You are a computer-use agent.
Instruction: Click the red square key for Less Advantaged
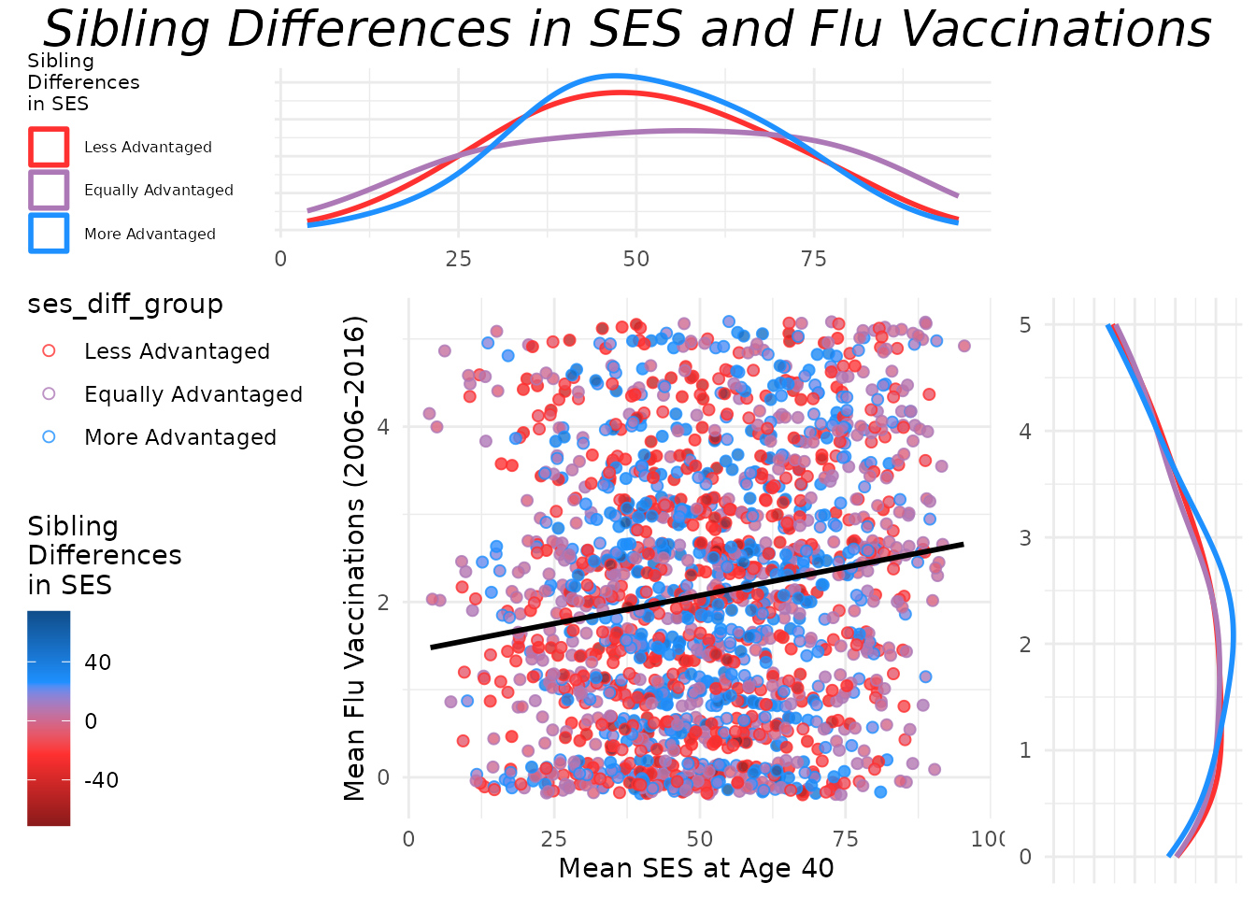(49, 147)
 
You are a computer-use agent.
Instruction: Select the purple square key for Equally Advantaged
(49, 190)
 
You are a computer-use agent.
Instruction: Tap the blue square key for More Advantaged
(49, 234)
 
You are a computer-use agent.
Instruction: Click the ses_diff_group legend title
(125, 305)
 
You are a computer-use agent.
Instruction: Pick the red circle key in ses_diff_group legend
(49, 351)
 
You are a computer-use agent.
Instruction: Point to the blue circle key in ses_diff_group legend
(49, 437)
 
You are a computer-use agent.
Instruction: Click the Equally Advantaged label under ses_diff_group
(193, 394)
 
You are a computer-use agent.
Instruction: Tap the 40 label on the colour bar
(98, 662)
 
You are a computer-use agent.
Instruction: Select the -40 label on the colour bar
(101, 780)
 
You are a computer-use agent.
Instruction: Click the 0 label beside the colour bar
(91, 721)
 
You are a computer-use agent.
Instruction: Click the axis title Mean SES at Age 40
(696, 869)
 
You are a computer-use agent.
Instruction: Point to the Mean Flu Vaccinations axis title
(354, 559)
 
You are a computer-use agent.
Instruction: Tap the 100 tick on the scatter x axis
(988, 839)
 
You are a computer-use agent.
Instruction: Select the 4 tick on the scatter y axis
(383, 427)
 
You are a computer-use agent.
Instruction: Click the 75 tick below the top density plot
(814, 260)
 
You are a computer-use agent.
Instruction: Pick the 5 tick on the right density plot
(1025, 325)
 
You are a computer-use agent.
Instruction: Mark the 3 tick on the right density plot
(1025, 538)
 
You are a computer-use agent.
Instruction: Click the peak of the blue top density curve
(617, 77)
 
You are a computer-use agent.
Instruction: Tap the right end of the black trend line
(963, 544)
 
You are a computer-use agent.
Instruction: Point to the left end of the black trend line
(432, 647)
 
